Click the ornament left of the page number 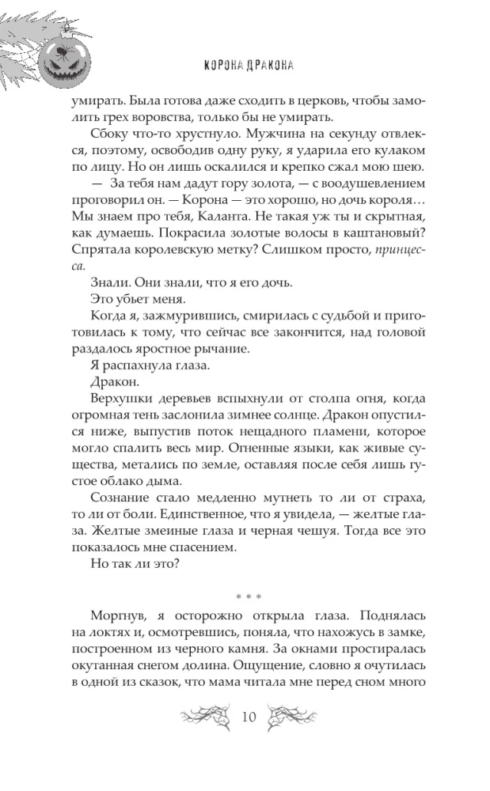click(x=204, y=717)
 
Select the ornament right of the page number click(x=293, y=717)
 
